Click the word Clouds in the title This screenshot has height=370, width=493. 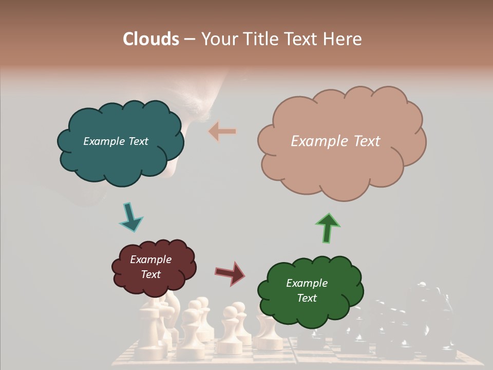point(151,39)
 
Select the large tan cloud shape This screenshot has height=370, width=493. point(342,164)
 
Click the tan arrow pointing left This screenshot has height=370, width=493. point(222,132)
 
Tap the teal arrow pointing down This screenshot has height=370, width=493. point(130,217)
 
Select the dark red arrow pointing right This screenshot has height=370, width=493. point(230,273)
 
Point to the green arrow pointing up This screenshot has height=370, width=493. point(327,227)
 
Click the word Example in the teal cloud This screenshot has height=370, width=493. point(103,141)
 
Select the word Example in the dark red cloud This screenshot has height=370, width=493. point(150,260)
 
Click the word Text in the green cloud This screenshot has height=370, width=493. point(307,298)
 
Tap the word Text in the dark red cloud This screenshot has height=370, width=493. point(150,274)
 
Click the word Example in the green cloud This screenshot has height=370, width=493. point(307,283)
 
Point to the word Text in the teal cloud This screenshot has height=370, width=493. point(137,141)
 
